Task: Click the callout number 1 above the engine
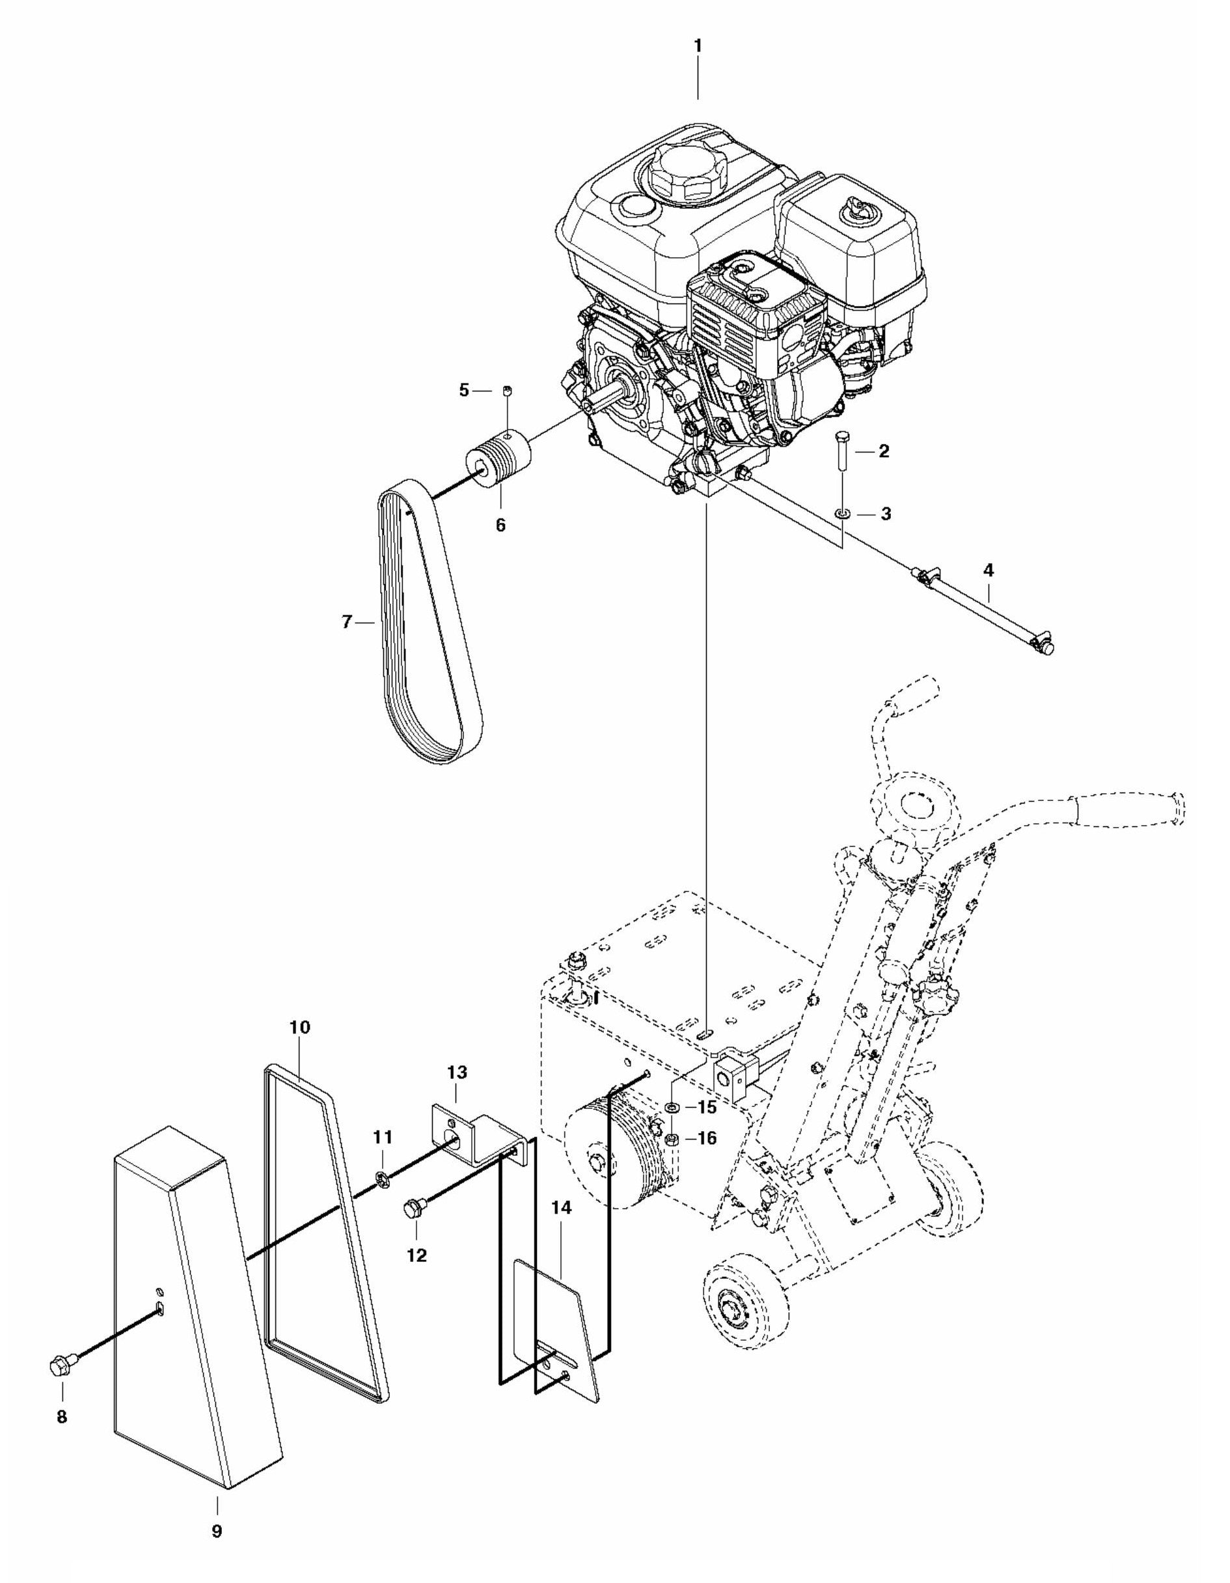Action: pyautogui.click(x=698, y=46)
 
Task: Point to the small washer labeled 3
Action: pyautogui.click(x=841, y=514)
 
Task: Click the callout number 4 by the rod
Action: pyautogui.click(x=988, y=570)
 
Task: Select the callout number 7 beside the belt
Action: pyautogui.click(x=347, y=621)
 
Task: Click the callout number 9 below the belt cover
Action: pyautogui.click(x=217, y=1526)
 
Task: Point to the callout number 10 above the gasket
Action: pyautogui.click(x=299, y=1027)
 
